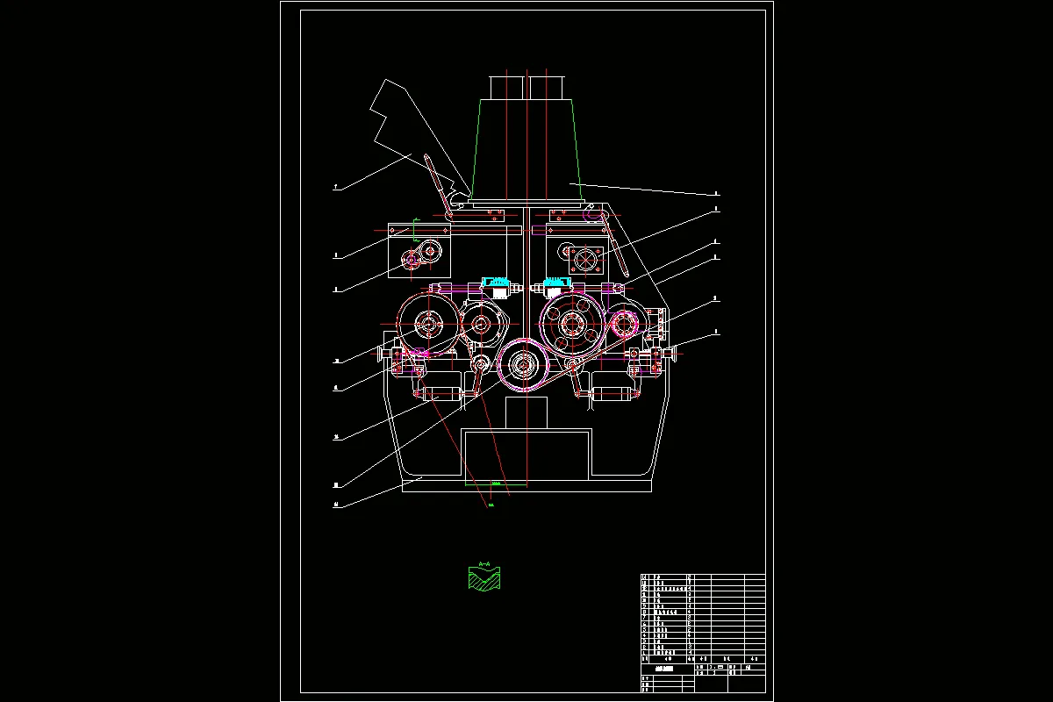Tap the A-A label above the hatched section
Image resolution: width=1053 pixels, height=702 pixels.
484,563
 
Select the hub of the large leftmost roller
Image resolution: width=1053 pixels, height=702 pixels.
428,326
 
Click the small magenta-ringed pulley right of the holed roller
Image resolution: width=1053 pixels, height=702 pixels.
624,326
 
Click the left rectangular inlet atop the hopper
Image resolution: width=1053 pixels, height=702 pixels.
505,87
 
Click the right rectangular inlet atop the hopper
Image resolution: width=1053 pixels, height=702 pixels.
545,87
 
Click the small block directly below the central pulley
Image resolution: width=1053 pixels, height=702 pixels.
526,412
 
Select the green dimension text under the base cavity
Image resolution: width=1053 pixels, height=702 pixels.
496,484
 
